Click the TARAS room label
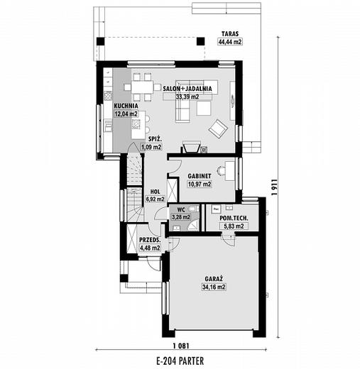click(x=230, y=34)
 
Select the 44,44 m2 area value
click(x=230, y=42)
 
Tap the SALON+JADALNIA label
click(x=187, y=89)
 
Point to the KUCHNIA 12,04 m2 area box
click(x=126, y=114)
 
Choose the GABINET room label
click(x=200, y=176)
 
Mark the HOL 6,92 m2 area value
click(x=155, y=199)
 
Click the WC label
click(x=181, y=210)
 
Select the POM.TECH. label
click(x=234, y=218)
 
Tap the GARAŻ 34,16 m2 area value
click(x=214, y=287)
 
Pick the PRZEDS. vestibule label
click(x=150, y=240)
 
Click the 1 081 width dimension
click(x=181, y=346)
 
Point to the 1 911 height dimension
click(x=274, y=187)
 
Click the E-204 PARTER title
click(x=180, y=361)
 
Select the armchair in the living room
click(x=218, y=129)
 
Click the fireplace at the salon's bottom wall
click(x=191, y=147)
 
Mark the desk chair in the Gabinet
click(x=222, y=170)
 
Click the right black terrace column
click(x=200, y=42)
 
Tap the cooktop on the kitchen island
click(x=136, y=123)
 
